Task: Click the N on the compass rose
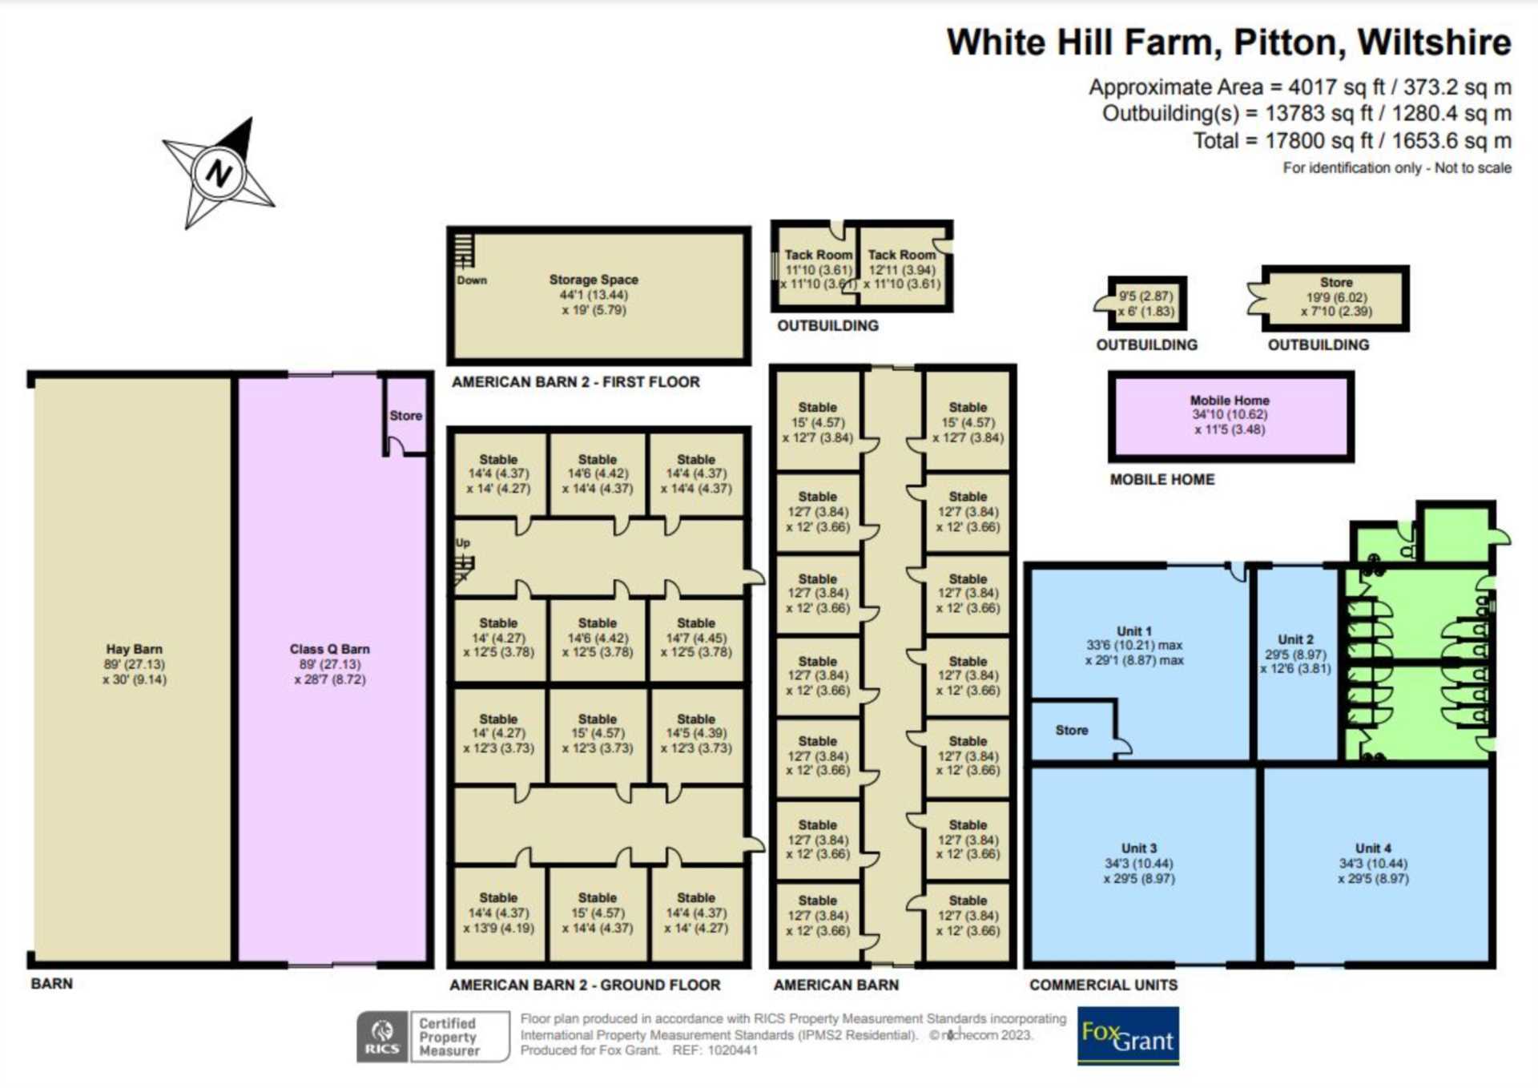point(218,172)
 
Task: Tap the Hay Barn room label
point(135,649)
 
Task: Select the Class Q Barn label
point(330,649)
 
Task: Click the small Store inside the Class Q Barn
point(405,416)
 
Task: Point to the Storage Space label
point(594,280)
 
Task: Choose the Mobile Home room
point(1230,416)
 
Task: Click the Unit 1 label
point(1133,631)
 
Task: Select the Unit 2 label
point(1295,639)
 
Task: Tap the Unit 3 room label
point(1138,848)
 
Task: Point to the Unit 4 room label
point(1373,848)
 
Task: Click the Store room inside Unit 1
point(1072,731)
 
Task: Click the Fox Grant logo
point(1128,1036)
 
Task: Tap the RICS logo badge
point(382,1036)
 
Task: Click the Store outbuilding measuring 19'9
point(1335,298)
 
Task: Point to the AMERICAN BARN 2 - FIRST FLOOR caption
point(576,382)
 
